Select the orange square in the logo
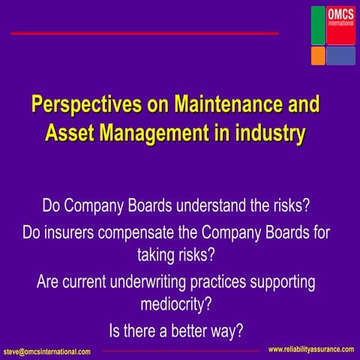(x=318, y=55)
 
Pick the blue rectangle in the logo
(x=340, y=55)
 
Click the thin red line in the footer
(x=180, y=350)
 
